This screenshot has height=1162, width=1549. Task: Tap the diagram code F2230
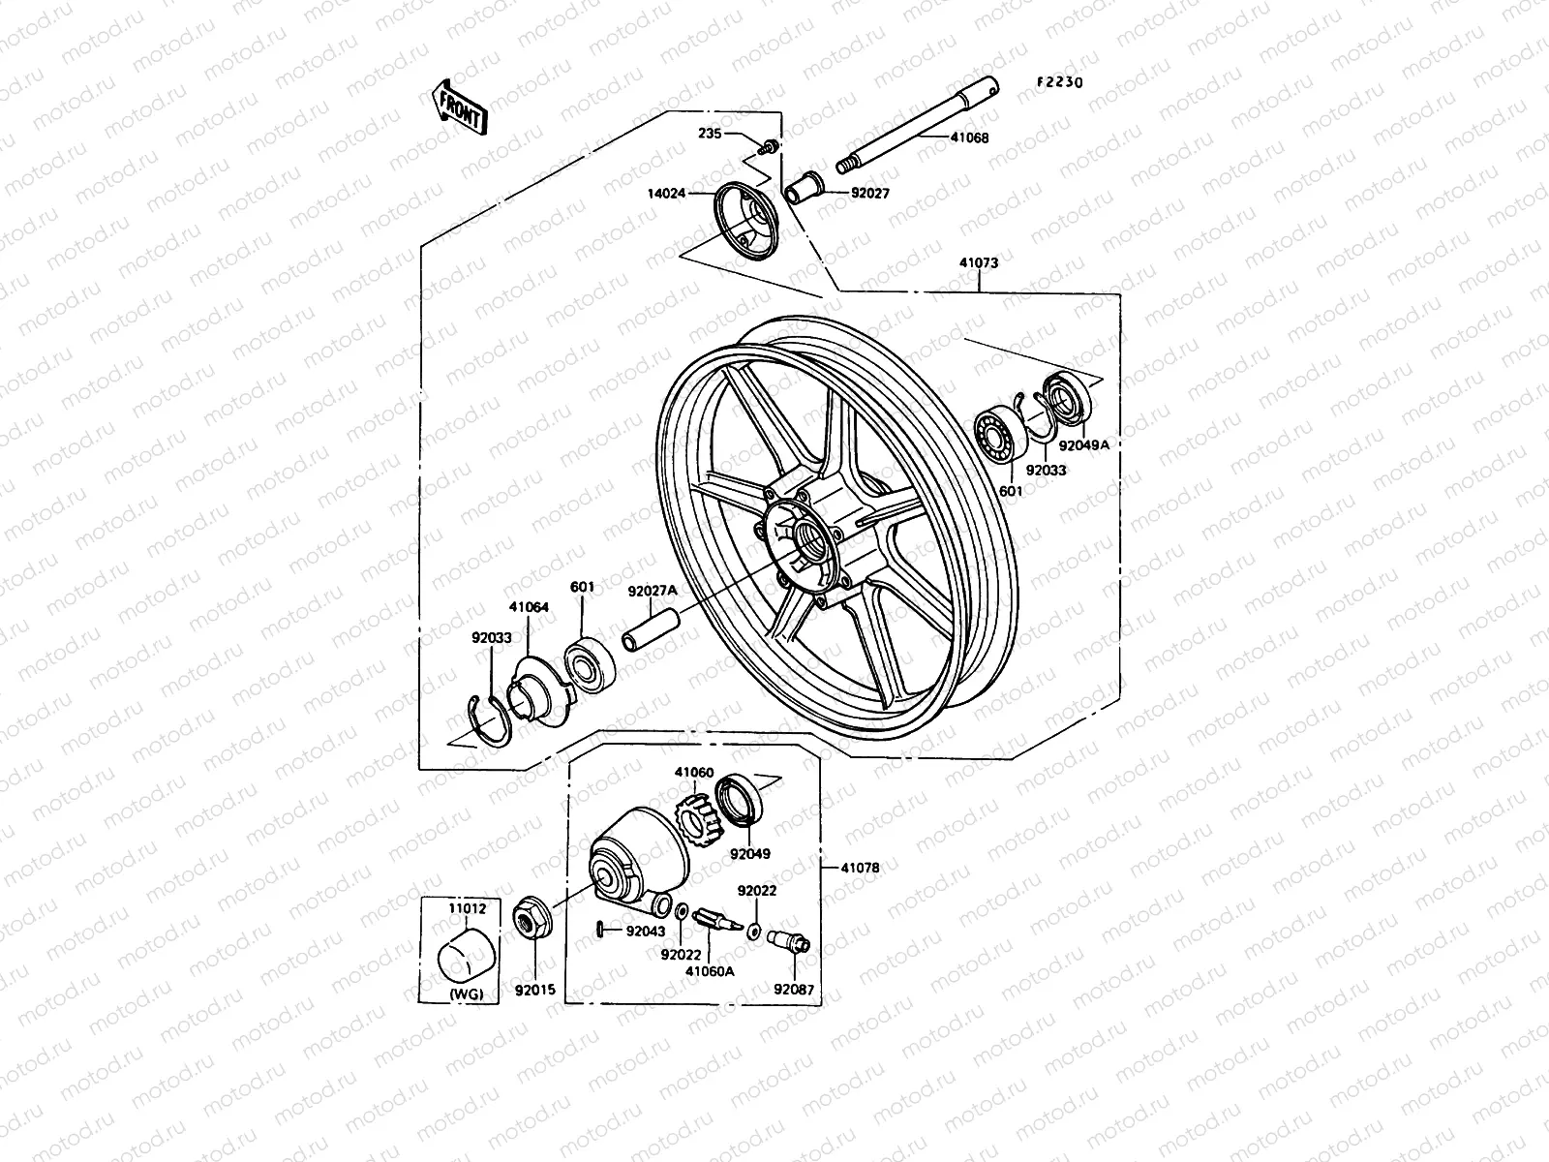pos(1059,82)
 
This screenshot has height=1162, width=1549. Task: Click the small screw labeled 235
pos(771,146)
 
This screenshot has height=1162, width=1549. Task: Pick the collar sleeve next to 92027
pos(805,185)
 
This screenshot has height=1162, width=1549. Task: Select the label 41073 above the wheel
pos(979,262)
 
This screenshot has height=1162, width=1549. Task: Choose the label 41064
pos(528,607)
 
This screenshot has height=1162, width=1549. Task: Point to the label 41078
pos(859,869)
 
